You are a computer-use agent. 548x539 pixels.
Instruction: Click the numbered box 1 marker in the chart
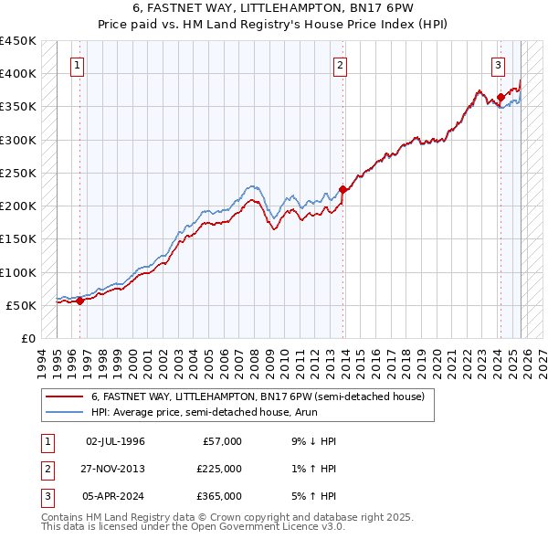(78, 65)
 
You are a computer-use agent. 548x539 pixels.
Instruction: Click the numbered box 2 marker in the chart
(340, 65)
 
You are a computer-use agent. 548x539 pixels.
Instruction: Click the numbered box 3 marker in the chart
(498, 65)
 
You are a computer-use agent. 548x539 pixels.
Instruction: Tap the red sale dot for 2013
(343, 190)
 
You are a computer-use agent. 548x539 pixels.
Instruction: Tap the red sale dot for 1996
(79, 300)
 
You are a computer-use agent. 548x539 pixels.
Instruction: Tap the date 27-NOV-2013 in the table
(115, 469)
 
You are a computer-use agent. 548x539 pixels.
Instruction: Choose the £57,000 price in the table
(222, 441)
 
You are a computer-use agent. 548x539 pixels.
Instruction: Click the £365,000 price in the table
(219, 496)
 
